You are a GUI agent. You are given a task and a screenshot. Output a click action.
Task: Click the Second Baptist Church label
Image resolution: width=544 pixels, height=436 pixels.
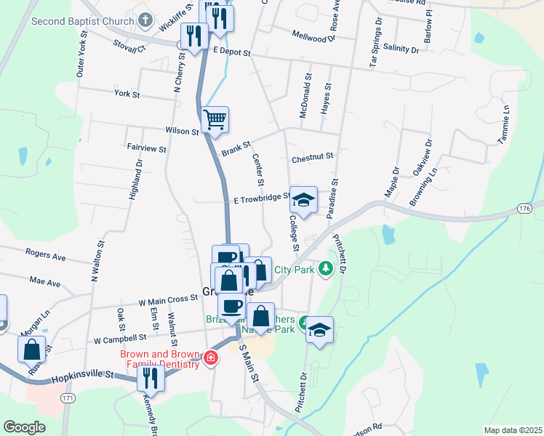[82, 21]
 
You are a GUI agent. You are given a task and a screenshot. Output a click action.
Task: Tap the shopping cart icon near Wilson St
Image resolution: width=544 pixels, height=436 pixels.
[215, 119]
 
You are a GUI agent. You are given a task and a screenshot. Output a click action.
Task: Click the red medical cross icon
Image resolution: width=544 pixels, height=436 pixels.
[211, 358]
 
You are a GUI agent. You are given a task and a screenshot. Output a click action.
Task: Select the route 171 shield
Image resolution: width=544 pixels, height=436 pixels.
[68, 399]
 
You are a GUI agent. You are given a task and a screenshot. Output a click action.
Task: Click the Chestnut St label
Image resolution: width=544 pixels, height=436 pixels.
[312, 156]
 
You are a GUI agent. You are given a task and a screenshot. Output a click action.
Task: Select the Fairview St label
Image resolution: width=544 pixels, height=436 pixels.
[147, 148]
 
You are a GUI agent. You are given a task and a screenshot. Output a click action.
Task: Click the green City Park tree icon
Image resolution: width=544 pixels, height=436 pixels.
[327, 269]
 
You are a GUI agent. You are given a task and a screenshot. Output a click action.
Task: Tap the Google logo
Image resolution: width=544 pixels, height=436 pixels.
[25, 427]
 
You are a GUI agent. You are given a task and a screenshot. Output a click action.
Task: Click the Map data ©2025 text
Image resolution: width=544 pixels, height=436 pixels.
[513, 430]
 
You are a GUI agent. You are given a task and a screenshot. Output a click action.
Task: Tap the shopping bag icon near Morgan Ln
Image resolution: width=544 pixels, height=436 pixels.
[33, 350]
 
